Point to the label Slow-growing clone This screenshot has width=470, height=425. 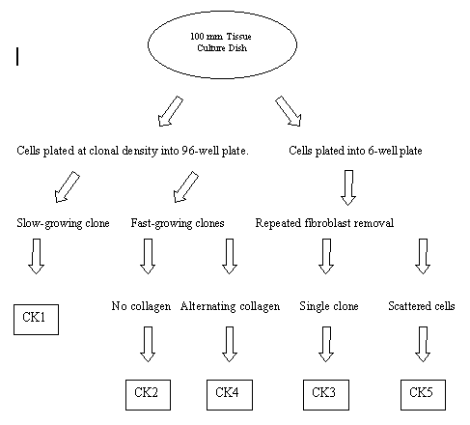(63, 223)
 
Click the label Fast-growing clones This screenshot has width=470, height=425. (178, 223)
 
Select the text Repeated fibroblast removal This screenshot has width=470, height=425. (324, 223)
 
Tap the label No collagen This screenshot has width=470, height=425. (141, 306)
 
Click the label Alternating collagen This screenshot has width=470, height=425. (230, 306)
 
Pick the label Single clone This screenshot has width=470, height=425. (329, 306)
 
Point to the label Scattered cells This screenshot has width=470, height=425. (422, 306)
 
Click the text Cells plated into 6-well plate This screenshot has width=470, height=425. (355, 151)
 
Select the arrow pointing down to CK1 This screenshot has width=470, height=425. (36, 256)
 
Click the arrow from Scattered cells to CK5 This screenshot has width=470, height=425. (423, 344)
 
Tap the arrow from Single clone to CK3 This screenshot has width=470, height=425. (326, 344)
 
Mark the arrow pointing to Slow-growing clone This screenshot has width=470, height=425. (68, 186)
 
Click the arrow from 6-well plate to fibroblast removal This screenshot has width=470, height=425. (348, 187)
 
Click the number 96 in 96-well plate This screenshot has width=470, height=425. (188, 151)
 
